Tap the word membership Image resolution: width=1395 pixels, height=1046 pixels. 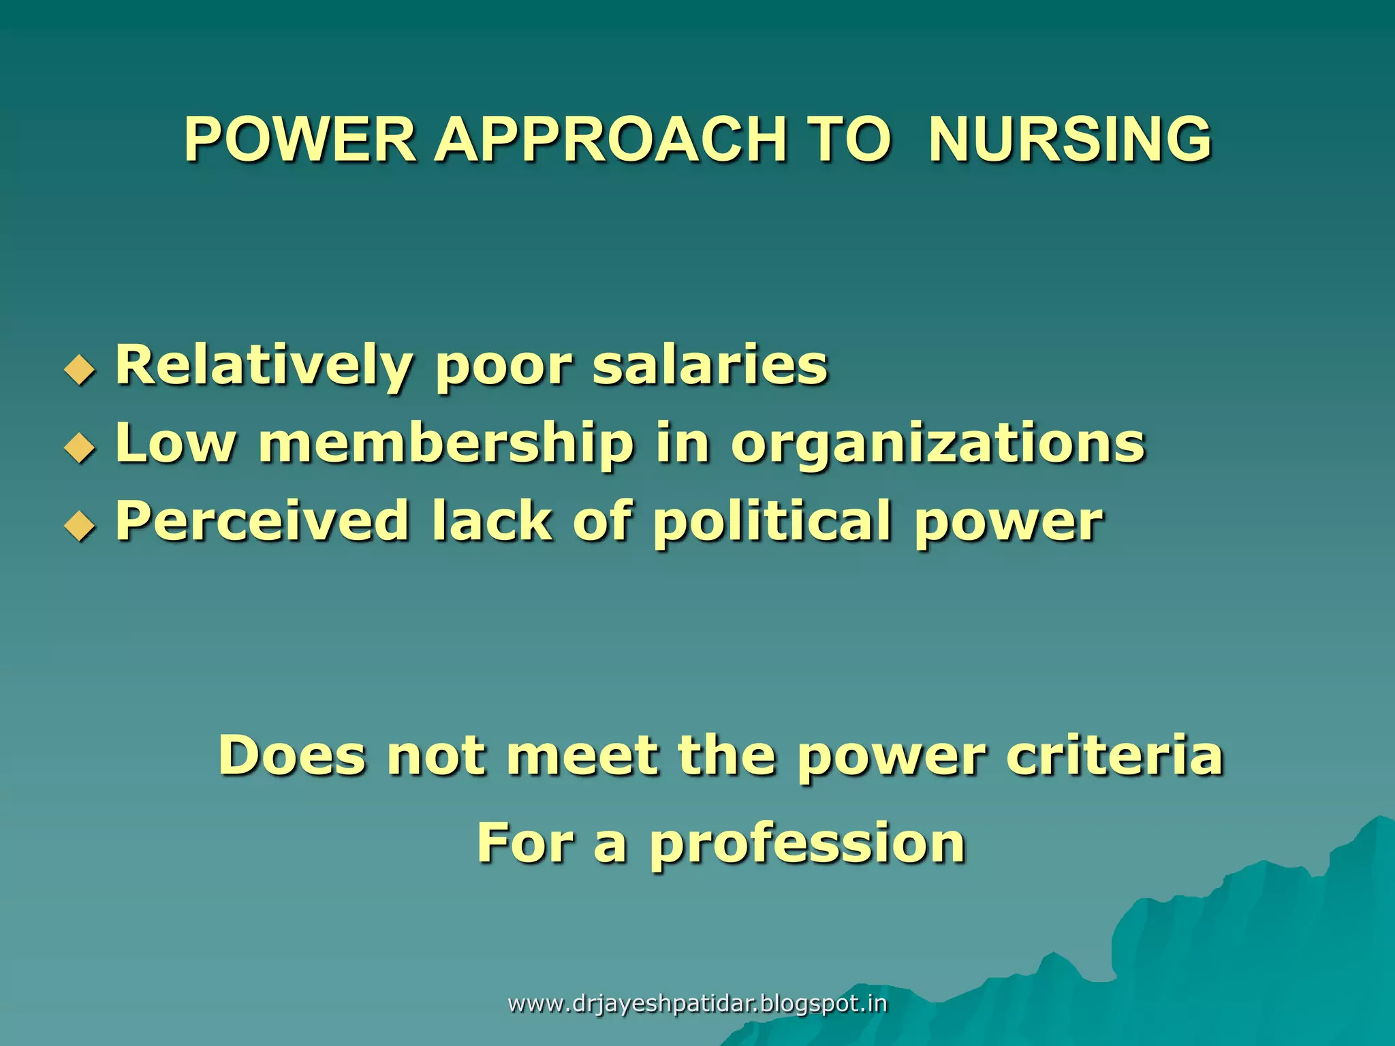(446, 443)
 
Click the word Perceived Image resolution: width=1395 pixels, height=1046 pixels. (263, 521)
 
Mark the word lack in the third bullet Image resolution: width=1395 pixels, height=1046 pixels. (491, 521)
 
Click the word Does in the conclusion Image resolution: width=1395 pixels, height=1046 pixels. (292, 756)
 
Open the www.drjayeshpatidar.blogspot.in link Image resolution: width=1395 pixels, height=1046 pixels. (697, 1004)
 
